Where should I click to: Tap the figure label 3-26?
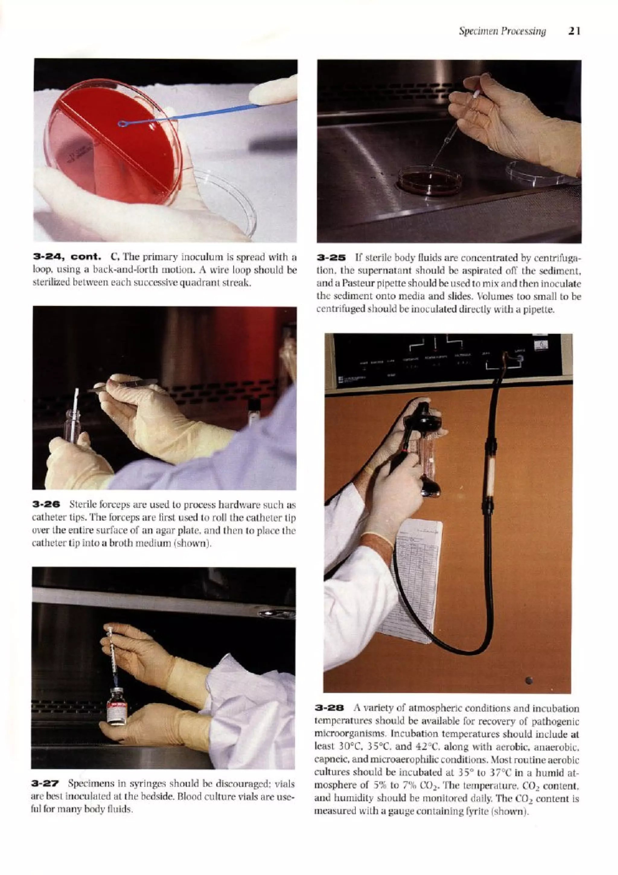coord(46,505)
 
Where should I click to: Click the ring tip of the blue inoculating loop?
coord(123,123)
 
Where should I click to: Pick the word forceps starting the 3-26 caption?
coord(100,505)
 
